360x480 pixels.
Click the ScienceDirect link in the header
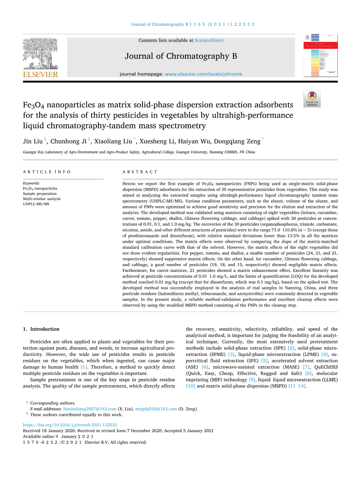coord(209,40)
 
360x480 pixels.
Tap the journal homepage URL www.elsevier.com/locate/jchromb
coord(203,74)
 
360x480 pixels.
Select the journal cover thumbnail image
coord(320,55)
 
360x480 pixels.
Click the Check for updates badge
coord(312,99)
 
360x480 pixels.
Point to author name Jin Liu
coord(33,141)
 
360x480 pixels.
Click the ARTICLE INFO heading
coord(47,172)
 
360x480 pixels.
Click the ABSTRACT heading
coord(140,172)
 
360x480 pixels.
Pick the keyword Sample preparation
coord(40,194)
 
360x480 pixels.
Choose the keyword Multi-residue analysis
coord(42,199)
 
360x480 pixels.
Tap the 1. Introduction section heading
coord(41,329)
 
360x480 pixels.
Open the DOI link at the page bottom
coord(70,425)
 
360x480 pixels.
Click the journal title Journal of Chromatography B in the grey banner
coord(181,56)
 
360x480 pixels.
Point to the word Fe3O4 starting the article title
coord(32,105)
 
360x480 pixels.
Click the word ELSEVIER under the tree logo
coord(40,75)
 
